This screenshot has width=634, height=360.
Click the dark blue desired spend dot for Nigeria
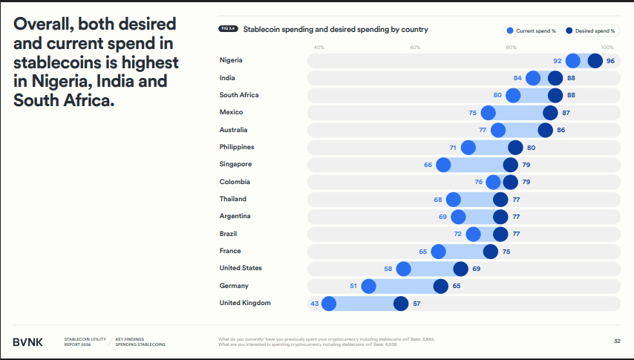[x=595, y=61]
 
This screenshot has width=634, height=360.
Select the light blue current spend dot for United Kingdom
[x=329, y=303]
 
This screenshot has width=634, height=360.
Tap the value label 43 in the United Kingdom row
[x=315, y=303]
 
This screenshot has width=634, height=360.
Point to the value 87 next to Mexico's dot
[x=566, y=113]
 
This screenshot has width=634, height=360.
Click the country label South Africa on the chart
[x=239, y=95]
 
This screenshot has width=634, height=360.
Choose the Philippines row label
[x=237, y=147]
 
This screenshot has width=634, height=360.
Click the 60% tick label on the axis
[x=415, y=48]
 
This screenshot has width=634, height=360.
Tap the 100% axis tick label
[x=607, y=48]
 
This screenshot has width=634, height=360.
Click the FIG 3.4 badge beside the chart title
[x=228, y=30]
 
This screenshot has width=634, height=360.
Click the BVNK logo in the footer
[x=28, y=341]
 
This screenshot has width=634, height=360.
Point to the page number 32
[x=617, y=341]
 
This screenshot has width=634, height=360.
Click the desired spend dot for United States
[x=460, y=269]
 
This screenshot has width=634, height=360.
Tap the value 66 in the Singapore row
[x=428, y=165]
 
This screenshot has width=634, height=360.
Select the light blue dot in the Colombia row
[x=493, y=182]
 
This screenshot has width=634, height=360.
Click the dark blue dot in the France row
[x=491, y=251]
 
